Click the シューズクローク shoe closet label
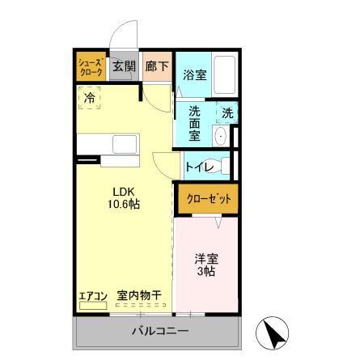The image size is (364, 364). [x=91, y=67]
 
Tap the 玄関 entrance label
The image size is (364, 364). [x=123, y=67]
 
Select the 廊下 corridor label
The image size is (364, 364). [x=156, y=67]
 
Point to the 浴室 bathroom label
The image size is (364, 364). [x=194, y=76]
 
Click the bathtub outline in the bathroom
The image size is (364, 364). [x=225, y=75]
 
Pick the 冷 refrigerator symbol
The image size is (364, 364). [x=90, y=99]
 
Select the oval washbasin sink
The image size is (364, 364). [x=220, y=134]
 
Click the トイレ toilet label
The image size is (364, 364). [x=198, y=167]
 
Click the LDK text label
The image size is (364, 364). [x=124, y=191]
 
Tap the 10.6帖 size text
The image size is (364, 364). [x=124, y=205]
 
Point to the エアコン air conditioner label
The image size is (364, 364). [x=93, y=296]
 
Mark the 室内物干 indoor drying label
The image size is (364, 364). [x=138, y=296]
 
